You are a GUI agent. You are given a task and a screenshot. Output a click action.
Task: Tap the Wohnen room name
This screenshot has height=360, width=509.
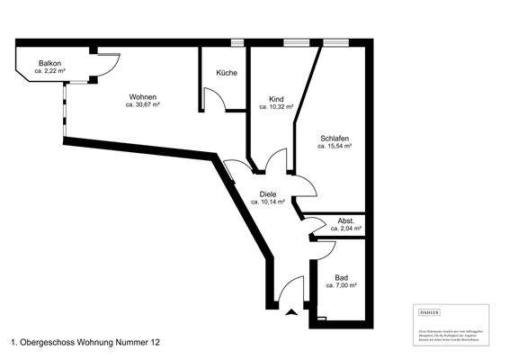[x=143, y=97]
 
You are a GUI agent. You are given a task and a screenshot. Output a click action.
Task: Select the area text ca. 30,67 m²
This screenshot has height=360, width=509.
[x=143, y=105]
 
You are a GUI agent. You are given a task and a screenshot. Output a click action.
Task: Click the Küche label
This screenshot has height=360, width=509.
[x=226, y=73]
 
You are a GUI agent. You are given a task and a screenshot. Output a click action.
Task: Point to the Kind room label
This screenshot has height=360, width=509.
[x=277, y=100]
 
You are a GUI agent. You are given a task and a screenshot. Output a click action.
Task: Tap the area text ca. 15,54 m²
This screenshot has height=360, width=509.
[x=334, y=146]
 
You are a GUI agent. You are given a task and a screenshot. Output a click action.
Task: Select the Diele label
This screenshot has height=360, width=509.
[x=268, y=194]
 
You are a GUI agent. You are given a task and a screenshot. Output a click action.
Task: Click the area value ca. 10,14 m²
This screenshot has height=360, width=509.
[x=268, y=202]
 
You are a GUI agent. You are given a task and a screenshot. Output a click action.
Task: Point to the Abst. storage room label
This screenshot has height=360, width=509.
[x=346, y=220]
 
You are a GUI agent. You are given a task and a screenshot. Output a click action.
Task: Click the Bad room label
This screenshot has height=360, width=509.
[x=341, y=277]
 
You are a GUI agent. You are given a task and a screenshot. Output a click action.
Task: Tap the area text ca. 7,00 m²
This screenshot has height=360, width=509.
[x=341, y=285]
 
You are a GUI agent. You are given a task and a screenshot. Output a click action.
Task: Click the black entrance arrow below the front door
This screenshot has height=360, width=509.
[x=290, y=313]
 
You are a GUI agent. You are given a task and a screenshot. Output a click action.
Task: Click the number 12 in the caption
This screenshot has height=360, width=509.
[x=156, y=343]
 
